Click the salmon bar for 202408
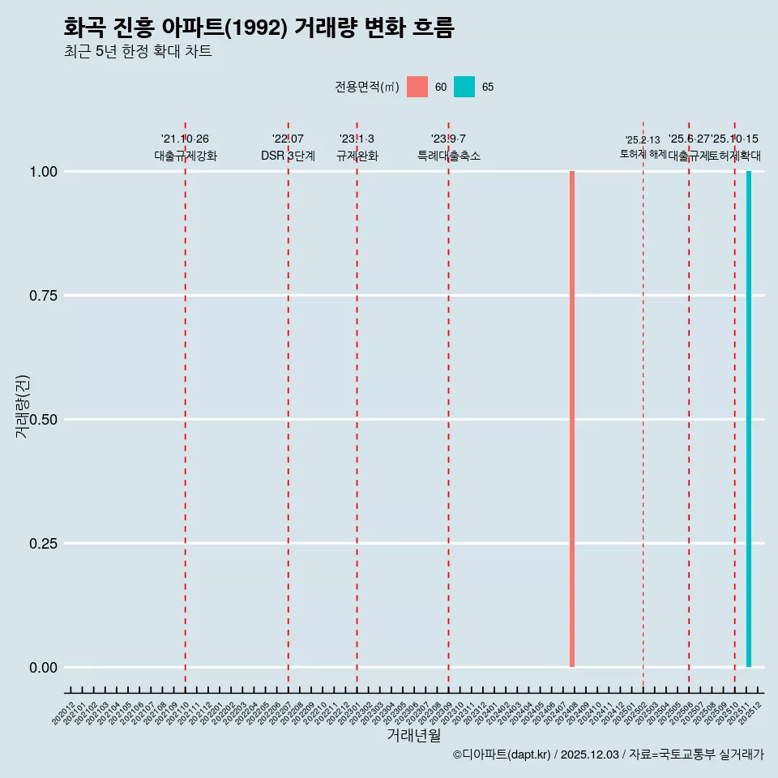tap(572, 419)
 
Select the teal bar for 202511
tap(749, 419)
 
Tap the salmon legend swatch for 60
tap(417, 87)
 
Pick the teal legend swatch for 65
tap(464, 87)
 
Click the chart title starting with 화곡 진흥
tap(259, 28)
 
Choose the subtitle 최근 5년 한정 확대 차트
tap(138, 52)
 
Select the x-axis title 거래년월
tap(413, 735)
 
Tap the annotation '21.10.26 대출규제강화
tap(186, 147)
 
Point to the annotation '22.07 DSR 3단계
tap(288, 147)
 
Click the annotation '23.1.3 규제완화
tap(357, 147)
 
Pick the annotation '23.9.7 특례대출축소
tap(448, 147)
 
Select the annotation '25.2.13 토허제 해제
tap(643, 147)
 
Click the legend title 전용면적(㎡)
tap(366, 87)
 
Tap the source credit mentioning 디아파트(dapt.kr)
tap(608, 754)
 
